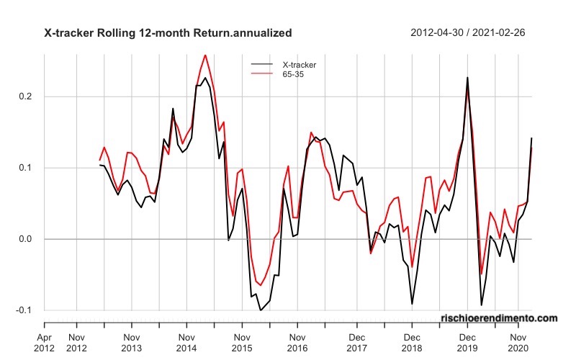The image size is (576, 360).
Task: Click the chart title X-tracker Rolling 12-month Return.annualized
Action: [x=168, y=32]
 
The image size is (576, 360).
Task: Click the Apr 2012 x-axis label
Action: [x=45, y=342]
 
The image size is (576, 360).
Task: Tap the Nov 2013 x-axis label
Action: [x=131, y=342]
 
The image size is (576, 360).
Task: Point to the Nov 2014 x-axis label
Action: [x=186, y=342]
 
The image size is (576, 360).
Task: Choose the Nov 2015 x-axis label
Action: [x=242, y=342]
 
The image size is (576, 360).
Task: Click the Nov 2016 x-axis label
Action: [x=297, y=342]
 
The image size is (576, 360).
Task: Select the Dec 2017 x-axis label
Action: [x=356, y=342]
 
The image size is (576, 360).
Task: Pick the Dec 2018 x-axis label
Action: [x=412, y=342]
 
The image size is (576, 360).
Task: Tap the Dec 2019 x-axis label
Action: [x=467, y=342]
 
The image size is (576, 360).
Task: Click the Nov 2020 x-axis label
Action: [x=518, y=342]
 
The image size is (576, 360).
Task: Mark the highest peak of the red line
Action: [x=205, y=55]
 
